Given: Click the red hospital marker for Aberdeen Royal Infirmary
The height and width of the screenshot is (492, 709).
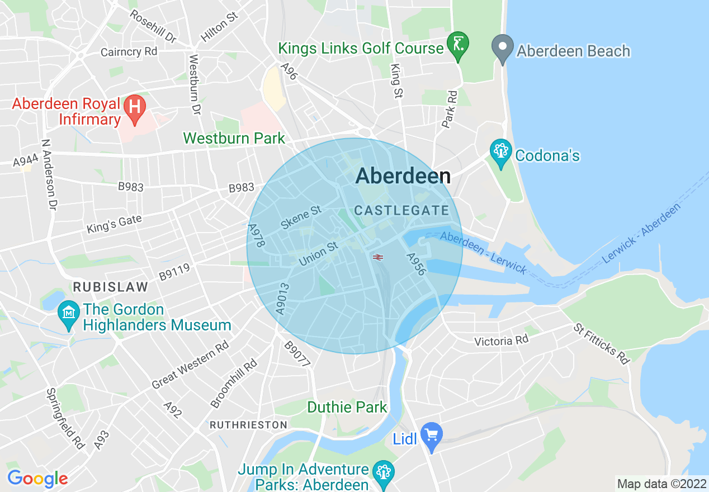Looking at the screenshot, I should click(134, 105).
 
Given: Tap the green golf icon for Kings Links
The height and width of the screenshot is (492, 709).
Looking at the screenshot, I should click(458, 44).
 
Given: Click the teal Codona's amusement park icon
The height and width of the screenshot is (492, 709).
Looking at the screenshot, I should click(500, 151).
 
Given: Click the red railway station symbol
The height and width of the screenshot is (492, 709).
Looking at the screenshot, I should click(378, 257).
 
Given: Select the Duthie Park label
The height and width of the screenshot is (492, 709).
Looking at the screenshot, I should click(347, 407).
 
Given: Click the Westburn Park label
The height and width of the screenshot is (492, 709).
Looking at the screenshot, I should click(234, 138).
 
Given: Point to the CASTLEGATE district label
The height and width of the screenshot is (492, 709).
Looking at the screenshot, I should click(401, 211).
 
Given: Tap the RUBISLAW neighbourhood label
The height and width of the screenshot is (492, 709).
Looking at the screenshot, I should click(111, 287).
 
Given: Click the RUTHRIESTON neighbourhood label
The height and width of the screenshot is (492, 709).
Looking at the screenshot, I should click(248, 425).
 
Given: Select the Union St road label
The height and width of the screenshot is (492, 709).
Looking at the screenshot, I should click(318, 254).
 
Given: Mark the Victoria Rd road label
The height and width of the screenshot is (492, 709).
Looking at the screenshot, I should click(501, 340).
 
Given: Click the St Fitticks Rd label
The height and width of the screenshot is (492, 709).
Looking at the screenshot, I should click(602, 343).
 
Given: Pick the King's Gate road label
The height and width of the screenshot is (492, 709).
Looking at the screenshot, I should click(114, 225).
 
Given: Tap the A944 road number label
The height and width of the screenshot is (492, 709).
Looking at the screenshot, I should click(26, 161).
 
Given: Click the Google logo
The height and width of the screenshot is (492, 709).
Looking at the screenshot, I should click(37, 479).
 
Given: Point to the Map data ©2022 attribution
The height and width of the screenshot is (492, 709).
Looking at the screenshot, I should click(661, 484).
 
